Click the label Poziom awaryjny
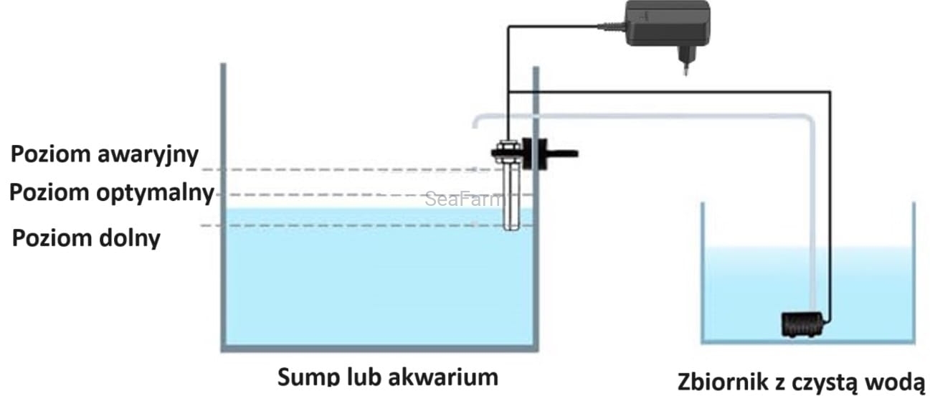click(104, 154)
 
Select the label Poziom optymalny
click(112, 193)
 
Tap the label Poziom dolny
click(87, 237)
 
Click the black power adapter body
click(667, 24)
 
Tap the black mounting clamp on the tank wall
click(533, 154)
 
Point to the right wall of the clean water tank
click(914, 273)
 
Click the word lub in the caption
click(365, 377)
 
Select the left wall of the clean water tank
click(703, 273)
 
